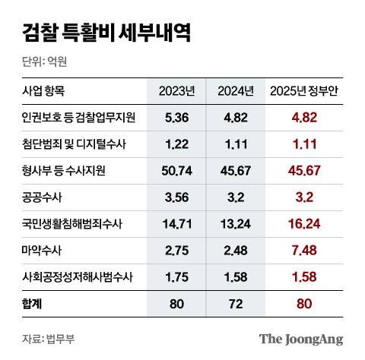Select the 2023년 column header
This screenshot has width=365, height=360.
(x=176, y=91)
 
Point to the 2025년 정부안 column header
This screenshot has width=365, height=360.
(x=306, y=91)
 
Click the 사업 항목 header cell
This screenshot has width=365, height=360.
(x=44, y=91)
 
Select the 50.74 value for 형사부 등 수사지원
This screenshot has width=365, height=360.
(x=176, y=171)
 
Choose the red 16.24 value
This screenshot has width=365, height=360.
(x=306, y=223)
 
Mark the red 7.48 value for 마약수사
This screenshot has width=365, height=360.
(x=306, y=250)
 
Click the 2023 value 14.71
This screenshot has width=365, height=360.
(x=176, y=223)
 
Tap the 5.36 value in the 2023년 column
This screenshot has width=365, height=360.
(x=176, y=118)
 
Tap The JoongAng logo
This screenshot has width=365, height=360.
(x=301, y=339)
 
